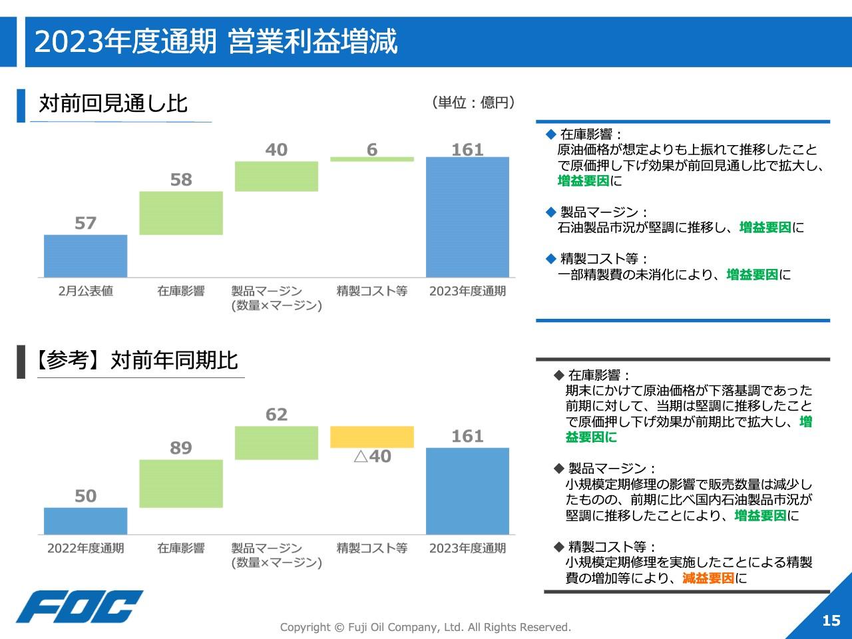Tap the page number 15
point(831,620)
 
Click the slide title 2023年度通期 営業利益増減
point(216,42)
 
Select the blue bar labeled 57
point(85,256)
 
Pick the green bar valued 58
point(181,213)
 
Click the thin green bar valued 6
point(372,159)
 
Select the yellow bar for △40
point(372,437)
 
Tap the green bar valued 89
point(181,483)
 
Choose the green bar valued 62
point(276,443)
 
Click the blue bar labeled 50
point(85,521)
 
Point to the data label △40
point(372,457)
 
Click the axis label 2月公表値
point(85,291)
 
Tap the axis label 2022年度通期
point(85,548)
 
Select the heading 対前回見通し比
point(113,103)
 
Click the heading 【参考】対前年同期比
point(136,360)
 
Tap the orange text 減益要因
point(708,578)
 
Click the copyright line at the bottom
point(425,627)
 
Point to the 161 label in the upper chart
point(467,150)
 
